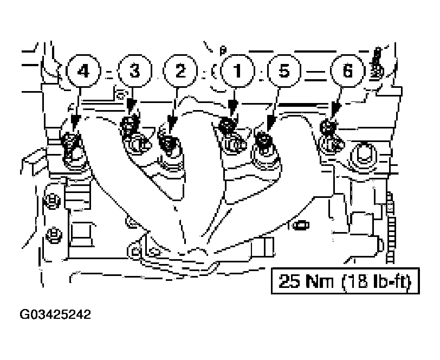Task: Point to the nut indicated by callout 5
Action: click(263, 139)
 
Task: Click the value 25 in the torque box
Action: click(290, 282)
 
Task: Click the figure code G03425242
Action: click(55, 314)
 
